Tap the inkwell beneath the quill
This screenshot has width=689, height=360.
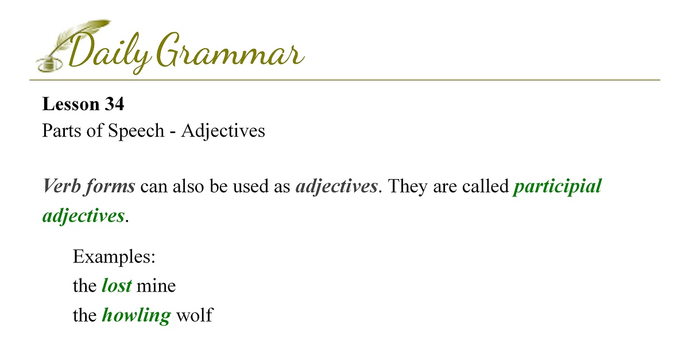(x=49, y=65)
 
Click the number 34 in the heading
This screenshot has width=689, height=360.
(x=114, y=104)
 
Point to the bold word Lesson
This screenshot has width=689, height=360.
(x=71, y=104)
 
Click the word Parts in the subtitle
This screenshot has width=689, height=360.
(x=61, y=130)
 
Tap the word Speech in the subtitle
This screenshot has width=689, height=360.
(x=136, y=131)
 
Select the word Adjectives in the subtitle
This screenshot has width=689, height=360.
(x=223, y=131)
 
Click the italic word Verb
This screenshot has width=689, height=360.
(x=61, y=186)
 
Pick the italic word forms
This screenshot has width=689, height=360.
(x=110, y=187)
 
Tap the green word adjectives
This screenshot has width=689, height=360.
(x=84, y=216)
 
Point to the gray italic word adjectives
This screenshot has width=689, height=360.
(x=336, y=187)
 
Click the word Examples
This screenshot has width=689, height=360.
(x=114, y=257)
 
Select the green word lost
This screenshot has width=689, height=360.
(x=117, y=286)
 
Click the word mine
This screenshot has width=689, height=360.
(x=156, y=286)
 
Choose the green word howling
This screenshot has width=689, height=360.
(x=136, y=316)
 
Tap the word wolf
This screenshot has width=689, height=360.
(x=195, y=315)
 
